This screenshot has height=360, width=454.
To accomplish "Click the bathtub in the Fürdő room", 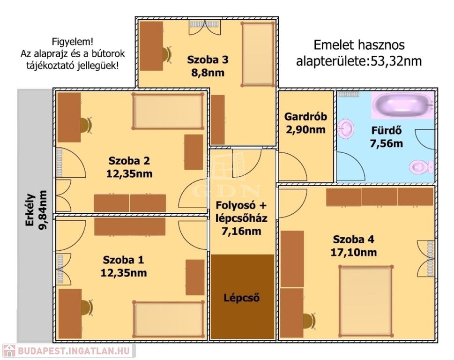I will (x=402, y=105).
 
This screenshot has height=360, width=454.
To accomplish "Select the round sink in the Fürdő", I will (x=346, y=127).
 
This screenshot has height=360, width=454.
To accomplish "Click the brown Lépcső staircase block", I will (x=242, y=297).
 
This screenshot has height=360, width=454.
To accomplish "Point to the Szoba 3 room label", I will (x=208, y=60).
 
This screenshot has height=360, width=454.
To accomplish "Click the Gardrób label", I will (x=305, y=117).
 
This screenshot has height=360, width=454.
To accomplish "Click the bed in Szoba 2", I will (x=168, y=112).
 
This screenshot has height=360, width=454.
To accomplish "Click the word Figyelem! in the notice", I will (x=69, y=41).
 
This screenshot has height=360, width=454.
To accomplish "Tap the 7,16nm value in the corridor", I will (x=241, y=230).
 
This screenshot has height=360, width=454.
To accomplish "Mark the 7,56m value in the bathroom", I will (x=387, y=143).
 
